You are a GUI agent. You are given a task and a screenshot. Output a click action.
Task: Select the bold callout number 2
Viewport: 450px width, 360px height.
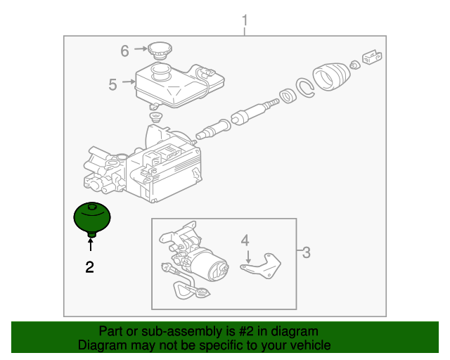[x=89, y=266]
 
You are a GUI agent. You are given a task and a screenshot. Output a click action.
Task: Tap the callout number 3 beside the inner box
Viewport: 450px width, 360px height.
[x=306, y=253]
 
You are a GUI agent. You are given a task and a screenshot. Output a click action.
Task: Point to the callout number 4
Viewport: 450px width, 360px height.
[x=245, y=241]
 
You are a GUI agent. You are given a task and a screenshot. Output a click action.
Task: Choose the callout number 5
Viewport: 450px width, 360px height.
[x=112, y=85]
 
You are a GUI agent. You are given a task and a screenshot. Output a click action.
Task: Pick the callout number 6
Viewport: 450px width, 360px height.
[x=124, y=51]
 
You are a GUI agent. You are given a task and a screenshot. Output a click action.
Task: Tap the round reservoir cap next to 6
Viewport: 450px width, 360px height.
[x=160, y=50]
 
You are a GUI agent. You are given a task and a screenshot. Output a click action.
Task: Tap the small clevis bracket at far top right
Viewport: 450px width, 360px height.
[x=370, y=56]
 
